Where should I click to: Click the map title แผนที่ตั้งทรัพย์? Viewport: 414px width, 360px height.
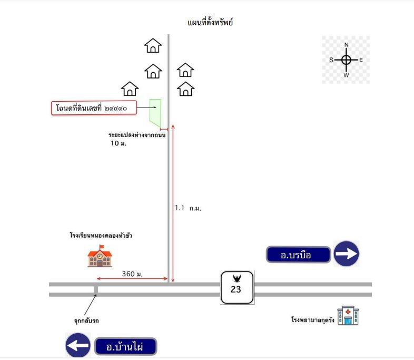tap(210, 22)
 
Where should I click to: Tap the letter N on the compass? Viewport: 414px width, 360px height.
tap(347, 45)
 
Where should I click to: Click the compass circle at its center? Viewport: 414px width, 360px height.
tap(346, 60)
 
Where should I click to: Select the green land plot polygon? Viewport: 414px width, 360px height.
tap(155, 113)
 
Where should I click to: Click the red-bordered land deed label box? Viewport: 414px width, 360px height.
tap(94, 108)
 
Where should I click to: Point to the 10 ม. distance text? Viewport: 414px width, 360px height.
tap(119, 143)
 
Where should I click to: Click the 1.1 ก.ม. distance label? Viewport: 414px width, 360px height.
tap(188, 208)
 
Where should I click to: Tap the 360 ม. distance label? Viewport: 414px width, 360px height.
tap(132, 274)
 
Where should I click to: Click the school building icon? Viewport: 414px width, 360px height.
tap(100, 256)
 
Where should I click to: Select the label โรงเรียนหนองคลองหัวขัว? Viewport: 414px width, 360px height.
tap(101, 235)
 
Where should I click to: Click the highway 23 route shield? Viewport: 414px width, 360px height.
tap(237, 287)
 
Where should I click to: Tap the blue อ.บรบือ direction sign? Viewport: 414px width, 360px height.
tap(298, 255)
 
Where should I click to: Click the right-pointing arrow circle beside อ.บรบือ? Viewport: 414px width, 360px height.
tap(347, 254)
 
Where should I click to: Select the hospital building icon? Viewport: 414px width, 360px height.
tap(348, 315)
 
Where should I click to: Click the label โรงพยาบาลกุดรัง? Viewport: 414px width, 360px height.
tap(313, 320)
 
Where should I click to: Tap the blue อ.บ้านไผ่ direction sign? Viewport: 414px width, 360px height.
tap(126, 346)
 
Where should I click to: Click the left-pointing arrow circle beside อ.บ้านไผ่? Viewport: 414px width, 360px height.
tap(78, 345)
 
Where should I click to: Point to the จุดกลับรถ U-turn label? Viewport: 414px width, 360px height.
tap(86, 321)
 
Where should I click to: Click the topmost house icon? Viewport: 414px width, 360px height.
tap(153, 45)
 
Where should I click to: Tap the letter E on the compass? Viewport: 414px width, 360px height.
tap(361, 60)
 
